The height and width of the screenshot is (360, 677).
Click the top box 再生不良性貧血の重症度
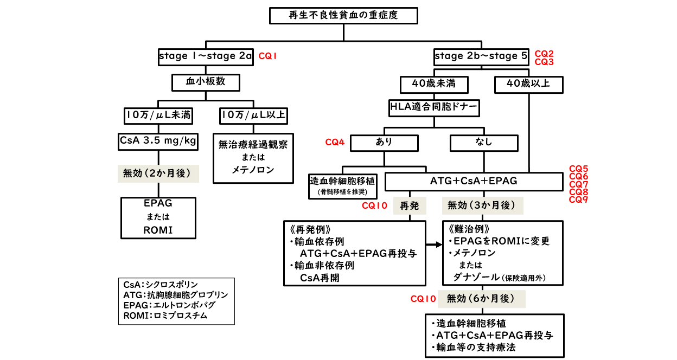click(x=343, y=15)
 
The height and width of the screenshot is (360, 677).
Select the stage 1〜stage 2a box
click(x=206, y=56)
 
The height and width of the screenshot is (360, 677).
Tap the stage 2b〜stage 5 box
click(x=481, y=56)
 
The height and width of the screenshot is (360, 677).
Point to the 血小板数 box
click(x=206, y=82)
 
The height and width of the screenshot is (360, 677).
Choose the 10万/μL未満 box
click(x=158, y=115)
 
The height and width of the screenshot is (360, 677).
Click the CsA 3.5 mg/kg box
click(x=158, y=141)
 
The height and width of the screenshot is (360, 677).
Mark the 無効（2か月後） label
click(x=158, y=173)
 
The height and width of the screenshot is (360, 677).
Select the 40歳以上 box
click(x=529, y=84)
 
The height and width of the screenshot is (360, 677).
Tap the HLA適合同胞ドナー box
click(x=434, y=107)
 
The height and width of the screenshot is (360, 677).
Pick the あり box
click(x=384, y=143)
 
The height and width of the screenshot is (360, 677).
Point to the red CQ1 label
click(x=267, y=56)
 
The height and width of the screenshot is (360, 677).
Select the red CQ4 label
click(x=335, y=143)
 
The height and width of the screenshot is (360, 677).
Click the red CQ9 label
click(x=578, y=200)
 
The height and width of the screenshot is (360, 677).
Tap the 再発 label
click(x=410, y=206)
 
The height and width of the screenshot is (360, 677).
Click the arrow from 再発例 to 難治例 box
click(x=434, y=245)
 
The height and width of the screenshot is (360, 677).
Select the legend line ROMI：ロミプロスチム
click(x=165, y=315)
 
